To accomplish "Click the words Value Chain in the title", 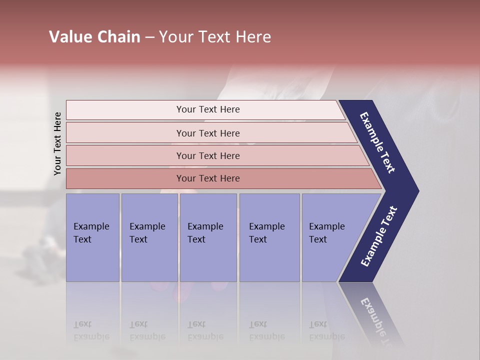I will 94,37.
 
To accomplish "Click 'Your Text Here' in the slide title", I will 215,37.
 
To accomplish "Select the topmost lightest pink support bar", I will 125,110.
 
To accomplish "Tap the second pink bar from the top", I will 125,133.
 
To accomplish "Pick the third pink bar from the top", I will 125,155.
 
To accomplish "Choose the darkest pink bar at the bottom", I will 125,178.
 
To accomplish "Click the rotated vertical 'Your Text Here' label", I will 57,144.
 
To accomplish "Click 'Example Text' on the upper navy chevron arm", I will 377,142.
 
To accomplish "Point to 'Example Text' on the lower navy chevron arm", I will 379,236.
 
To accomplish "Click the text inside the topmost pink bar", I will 208,109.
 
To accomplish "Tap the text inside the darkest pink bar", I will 208,178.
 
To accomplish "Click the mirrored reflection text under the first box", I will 91,330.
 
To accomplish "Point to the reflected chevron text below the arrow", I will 377,320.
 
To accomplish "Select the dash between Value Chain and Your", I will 149,37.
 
